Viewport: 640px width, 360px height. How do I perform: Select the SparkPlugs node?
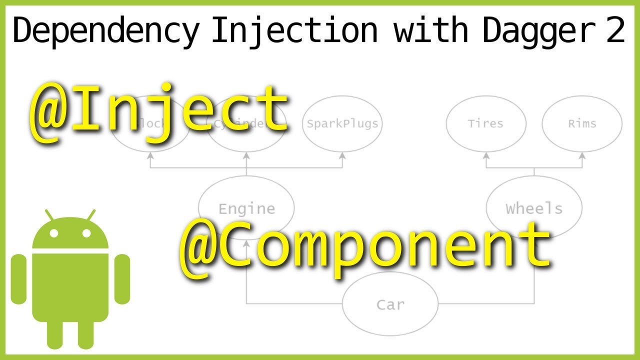(x=342, y=123)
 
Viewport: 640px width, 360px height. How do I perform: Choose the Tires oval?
(x=485, y=123)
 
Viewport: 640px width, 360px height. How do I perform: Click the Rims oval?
(x=582, y=123)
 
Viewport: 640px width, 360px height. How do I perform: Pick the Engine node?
(x=246, y=208)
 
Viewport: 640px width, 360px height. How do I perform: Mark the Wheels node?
(x=534, y=208)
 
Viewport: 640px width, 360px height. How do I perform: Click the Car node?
(x=390, y=304)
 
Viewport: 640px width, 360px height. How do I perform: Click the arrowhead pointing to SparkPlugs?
(x=342, y=156)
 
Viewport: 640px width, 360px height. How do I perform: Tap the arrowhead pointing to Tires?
(x=485, y=156)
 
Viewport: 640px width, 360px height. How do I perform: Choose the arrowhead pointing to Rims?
(x=582, y=156)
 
